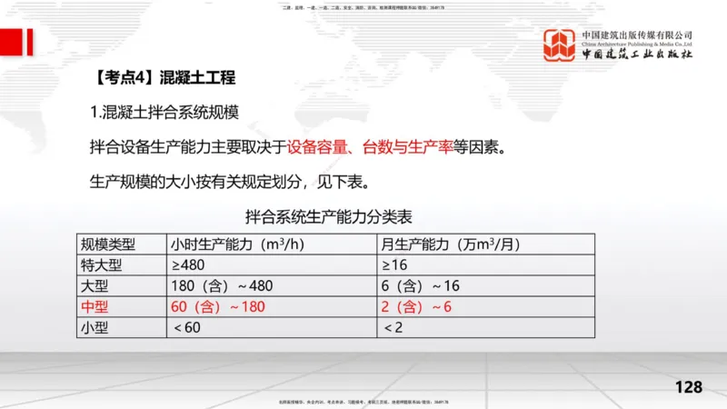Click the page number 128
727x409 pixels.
click(689, 387)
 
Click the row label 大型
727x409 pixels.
click(95, 285)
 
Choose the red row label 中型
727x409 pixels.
click(95, 306)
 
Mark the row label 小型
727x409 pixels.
click(95, 327)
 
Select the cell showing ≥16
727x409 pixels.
click(396, 264)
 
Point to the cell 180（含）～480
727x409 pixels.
click(222, 285)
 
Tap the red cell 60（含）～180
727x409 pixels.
click(218, 306)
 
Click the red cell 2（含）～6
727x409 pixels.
click(417, 306)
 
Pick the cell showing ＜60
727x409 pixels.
click(188, 327)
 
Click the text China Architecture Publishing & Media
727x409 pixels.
click(637, 43)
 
